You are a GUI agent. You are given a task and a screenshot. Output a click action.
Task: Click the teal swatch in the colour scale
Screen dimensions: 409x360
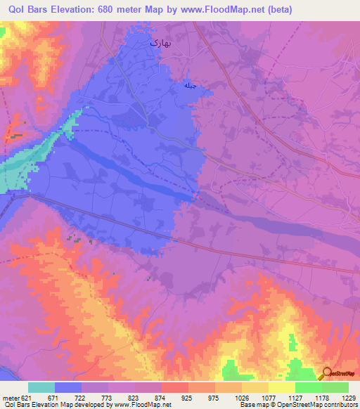tap(41, 387)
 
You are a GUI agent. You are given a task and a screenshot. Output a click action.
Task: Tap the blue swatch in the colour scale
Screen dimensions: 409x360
tap(68, 387)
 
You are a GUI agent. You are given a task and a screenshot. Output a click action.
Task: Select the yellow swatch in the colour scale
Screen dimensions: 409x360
tap(282, 387)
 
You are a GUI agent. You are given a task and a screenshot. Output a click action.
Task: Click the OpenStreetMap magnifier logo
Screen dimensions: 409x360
tap(328, 373)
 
